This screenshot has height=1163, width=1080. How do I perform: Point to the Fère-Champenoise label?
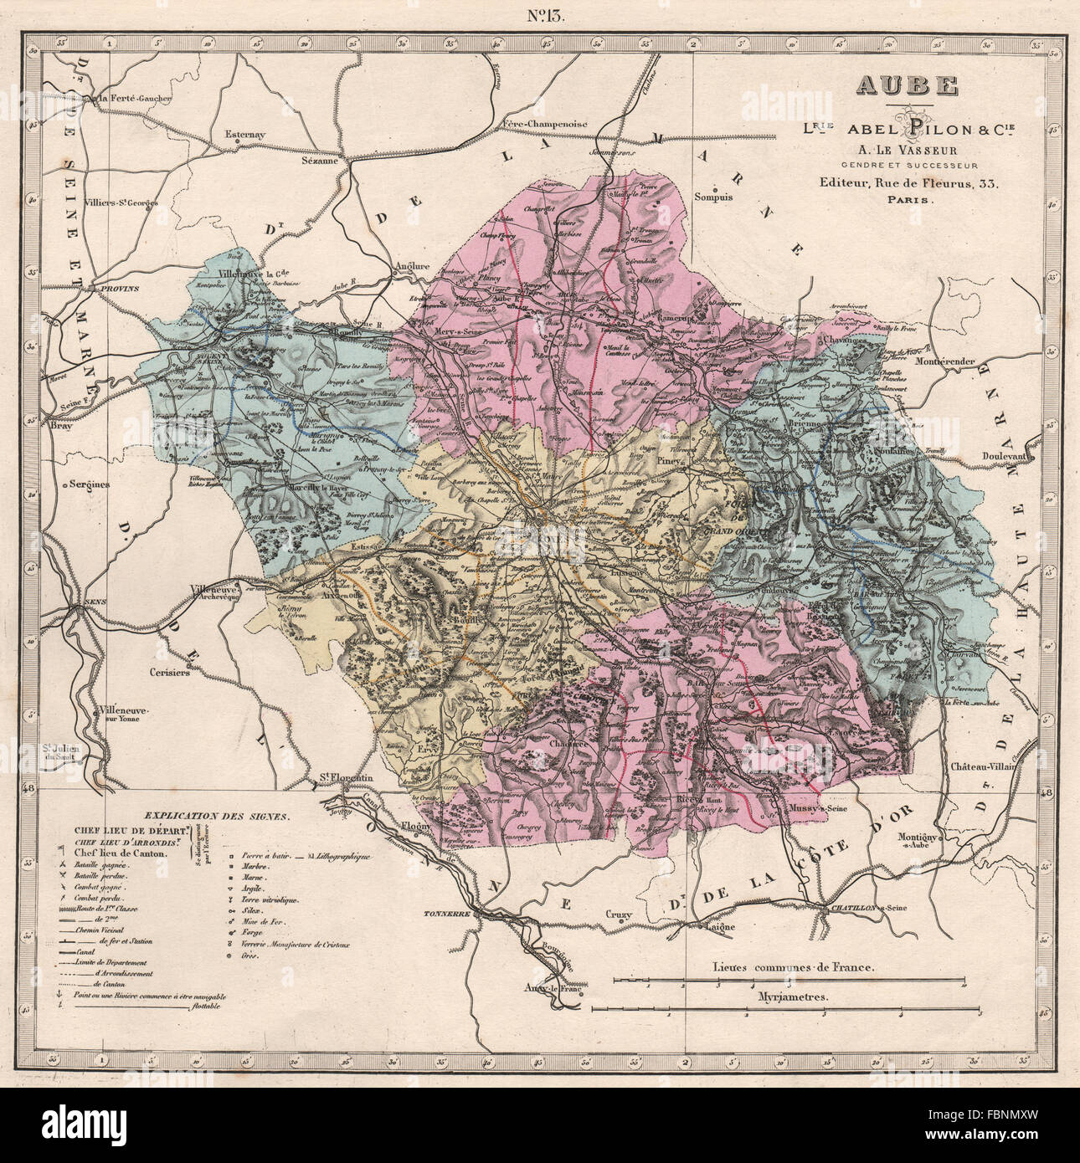pyautogui.click(x=546, y=124)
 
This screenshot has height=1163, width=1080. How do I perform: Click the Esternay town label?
pyautogui.click(x=245, y=132)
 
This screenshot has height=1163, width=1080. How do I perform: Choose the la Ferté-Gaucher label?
pyautogui.click(x=136, y=98)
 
